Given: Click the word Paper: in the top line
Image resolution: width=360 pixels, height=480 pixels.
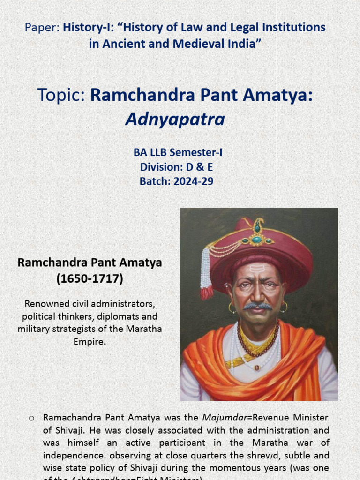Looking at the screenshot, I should click(x=42, y=28).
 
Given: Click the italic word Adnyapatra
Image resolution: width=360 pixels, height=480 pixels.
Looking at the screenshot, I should click(x=175, y=120).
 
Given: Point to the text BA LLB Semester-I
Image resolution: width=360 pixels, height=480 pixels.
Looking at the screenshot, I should click(x=176, y=153).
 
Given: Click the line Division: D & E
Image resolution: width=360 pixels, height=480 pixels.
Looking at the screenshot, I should click(x=176, y=167).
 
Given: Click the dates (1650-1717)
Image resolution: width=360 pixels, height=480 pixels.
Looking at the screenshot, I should click(x=90, y=279).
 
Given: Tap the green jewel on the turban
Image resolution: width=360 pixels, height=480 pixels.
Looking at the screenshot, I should click(x=257, y=240).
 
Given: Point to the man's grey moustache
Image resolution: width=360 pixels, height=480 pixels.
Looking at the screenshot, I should click(x=257, y=306).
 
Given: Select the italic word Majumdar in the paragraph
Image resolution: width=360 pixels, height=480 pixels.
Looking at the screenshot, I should click(x=220, y=417).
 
